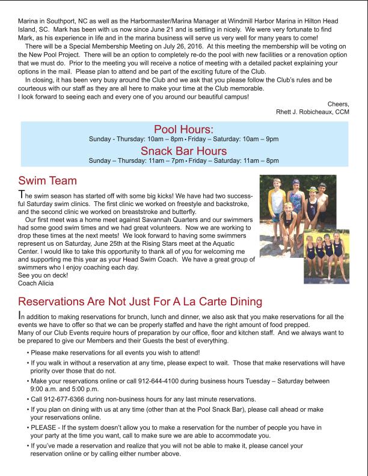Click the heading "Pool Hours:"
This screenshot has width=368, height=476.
(x=183, y=129)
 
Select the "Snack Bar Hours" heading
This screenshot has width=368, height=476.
(x=183, y=150)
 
